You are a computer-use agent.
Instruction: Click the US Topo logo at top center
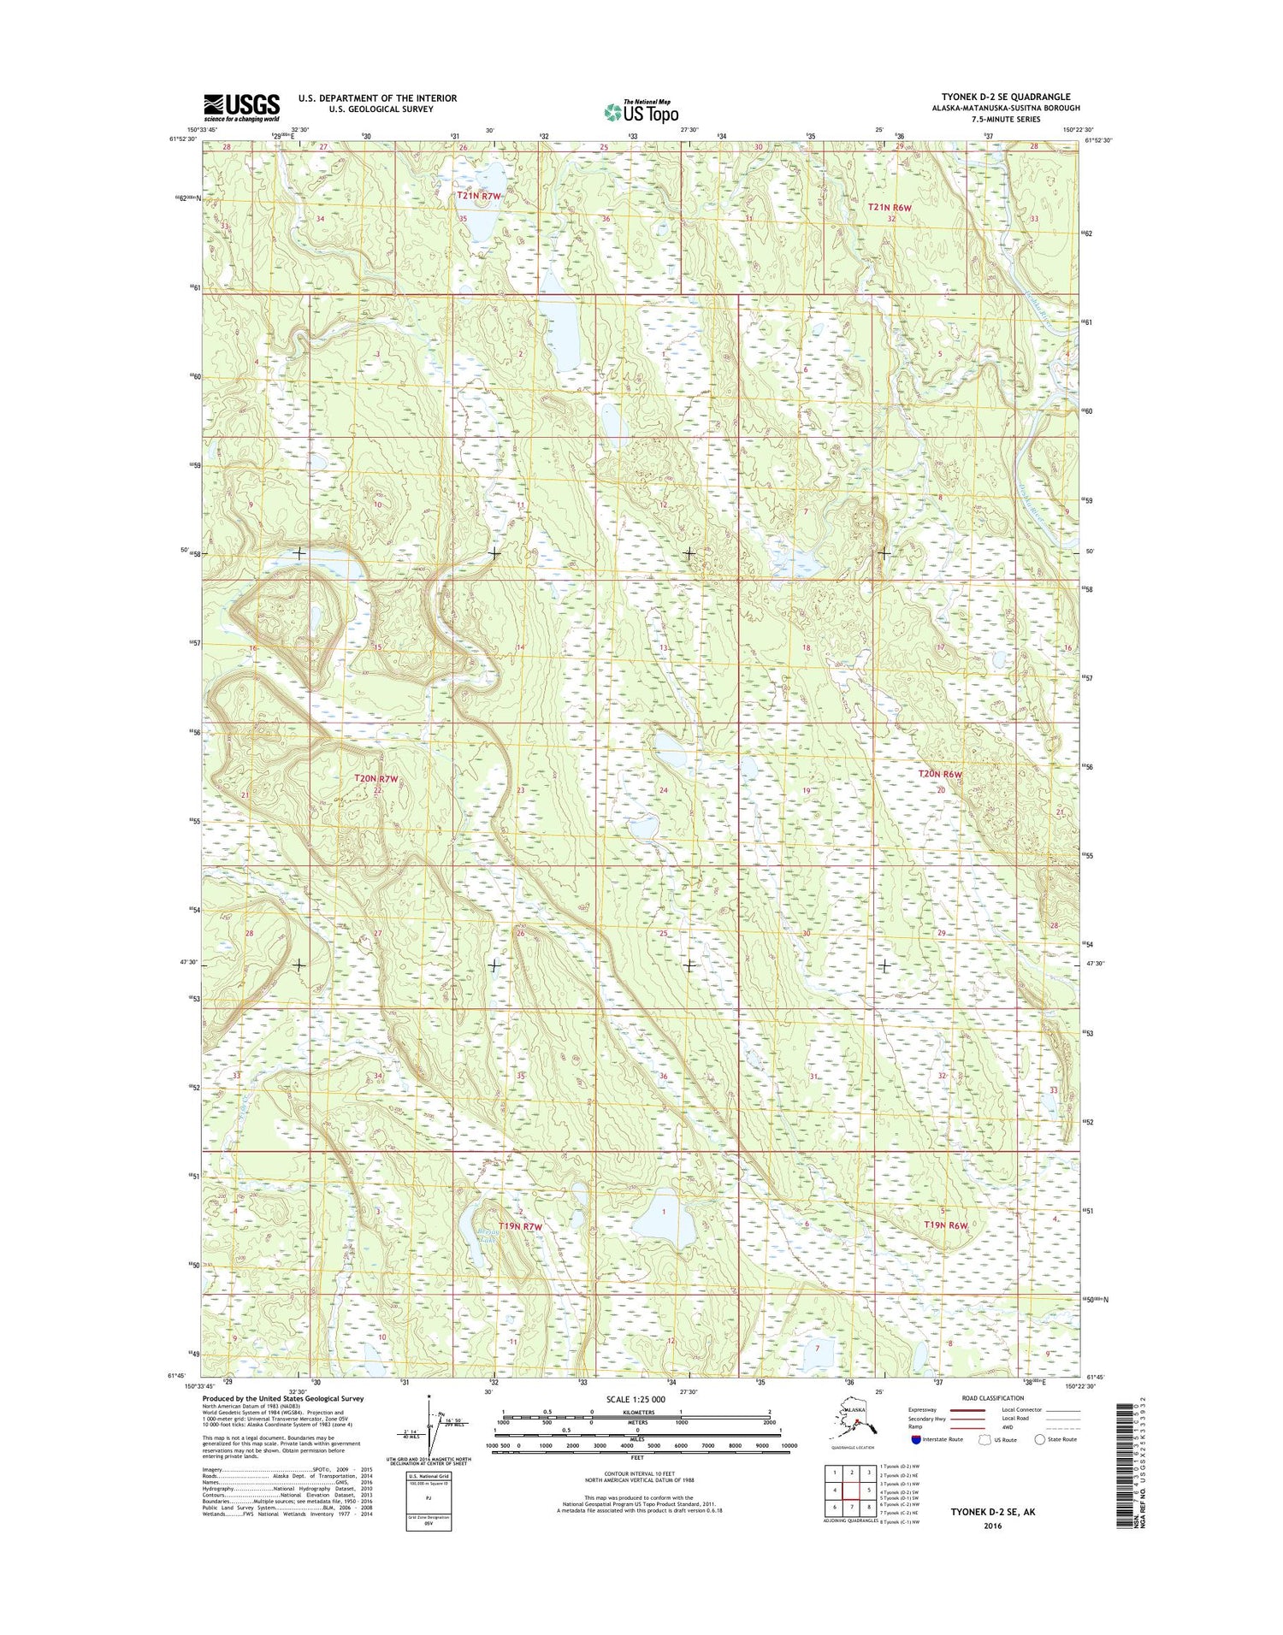(641, 111)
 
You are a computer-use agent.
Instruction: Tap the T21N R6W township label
(890, 207)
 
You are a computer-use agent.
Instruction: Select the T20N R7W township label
(376, 779)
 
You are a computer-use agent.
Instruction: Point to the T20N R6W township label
(940, 774)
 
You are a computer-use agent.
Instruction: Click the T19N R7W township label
(522, 1226)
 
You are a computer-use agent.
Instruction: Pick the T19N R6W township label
(946, 1225)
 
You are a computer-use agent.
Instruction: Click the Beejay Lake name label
(463, 1237)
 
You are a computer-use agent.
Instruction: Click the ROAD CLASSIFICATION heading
(992, 1398)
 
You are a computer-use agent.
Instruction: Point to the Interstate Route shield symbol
(916, 1439)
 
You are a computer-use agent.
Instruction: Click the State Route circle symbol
(1040, 1439)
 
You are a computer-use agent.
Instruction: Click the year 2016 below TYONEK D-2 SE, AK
(992, 1526)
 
